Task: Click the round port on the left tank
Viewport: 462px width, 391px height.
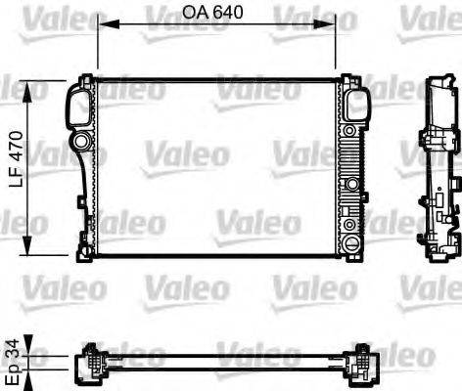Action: coord(89,152)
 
